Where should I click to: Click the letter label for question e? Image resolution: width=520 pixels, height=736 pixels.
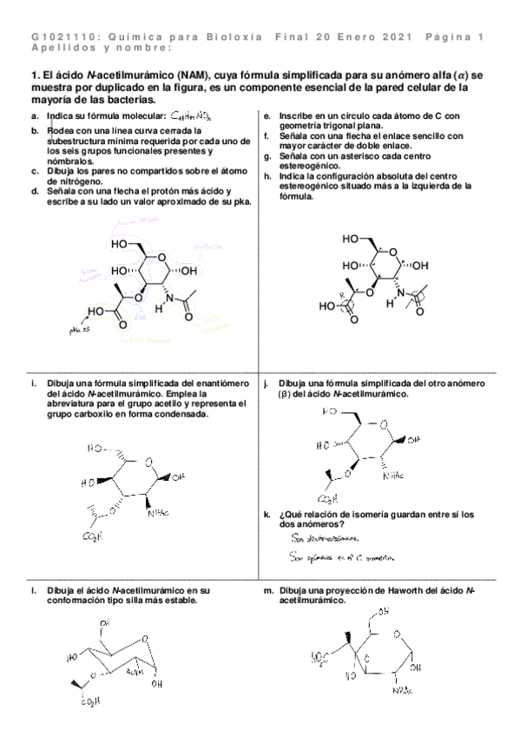pyautogui.click(x=267, y=115)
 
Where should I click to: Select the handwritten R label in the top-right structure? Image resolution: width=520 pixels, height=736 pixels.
pyautogui.click(x=342, y=294)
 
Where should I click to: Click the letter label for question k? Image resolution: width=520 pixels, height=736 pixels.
pyautogui.click(x=267, y=515)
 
